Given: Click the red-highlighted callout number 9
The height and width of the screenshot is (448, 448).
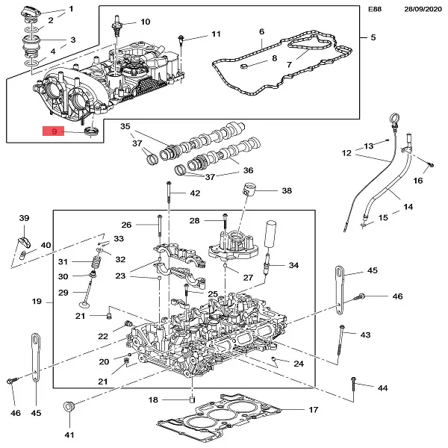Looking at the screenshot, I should [53, 132].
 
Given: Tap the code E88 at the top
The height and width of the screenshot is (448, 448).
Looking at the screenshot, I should [374, 10].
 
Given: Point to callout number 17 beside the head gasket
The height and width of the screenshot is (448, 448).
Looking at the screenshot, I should [314, 410].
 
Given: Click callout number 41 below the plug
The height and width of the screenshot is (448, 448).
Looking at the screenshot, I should [69, 435].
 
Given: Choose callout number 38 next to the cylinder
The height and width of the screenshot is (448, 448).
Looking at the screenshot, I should [287, 190].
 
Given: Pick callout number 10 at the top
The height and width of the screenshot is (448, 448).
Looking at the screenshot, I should [145, 22].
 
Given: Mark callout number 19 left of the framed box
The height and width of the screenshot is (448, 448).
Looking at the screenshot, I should [36, 302].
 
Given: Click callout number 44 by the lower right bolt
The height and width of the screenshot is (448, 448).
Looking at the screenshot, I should [382, 388].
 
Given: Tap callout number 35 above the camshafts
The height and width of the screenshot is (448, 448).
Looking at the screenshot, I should [125, 126].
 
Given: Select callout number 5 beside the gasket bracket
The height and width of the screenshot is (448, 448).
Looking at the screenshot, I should [373, 37].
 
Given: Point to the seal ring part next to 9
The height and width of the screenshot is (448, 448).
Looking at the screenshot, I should [93, 132].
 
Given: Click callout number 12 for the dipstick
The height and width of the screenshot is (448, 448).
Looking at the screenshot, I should [346, 153].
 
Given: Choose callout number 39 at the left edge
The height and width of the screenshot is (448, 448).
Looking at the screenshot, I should [23, 217].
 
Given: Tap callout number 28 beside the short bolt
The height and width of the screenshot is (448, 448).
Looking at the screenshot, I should [194, 220].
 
